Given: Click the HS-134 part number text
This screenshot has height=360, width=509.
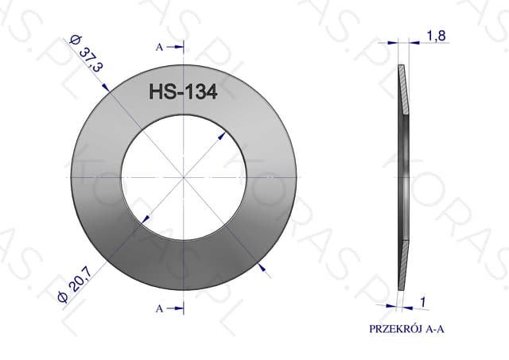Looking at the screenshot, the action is coord(183,91).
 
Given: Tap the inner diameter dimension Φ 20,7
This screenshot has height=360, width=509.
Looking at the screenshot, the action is coord(74,284).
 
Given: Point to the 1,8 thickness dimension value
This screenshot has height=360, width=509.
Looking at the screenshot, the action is coord(436,36).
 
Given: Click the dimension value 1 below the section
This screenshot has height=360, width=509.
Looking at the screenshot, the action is coord(422,302).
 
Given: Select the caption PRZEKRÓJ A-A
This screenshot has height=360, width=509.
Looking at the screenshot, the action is coord(406,329).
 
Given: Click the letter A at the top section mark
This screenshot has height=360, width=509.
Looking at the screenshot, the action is coord(159,48).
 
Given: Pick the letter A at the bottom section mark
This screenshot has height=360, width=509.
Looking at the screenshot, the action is coord(159,308).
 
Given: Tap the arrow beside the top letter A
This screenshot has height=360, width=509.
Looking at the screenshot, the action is coord(175,47).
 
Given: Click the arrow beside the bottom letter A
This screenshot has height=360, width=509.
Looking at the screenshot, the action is coord(175,308).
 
